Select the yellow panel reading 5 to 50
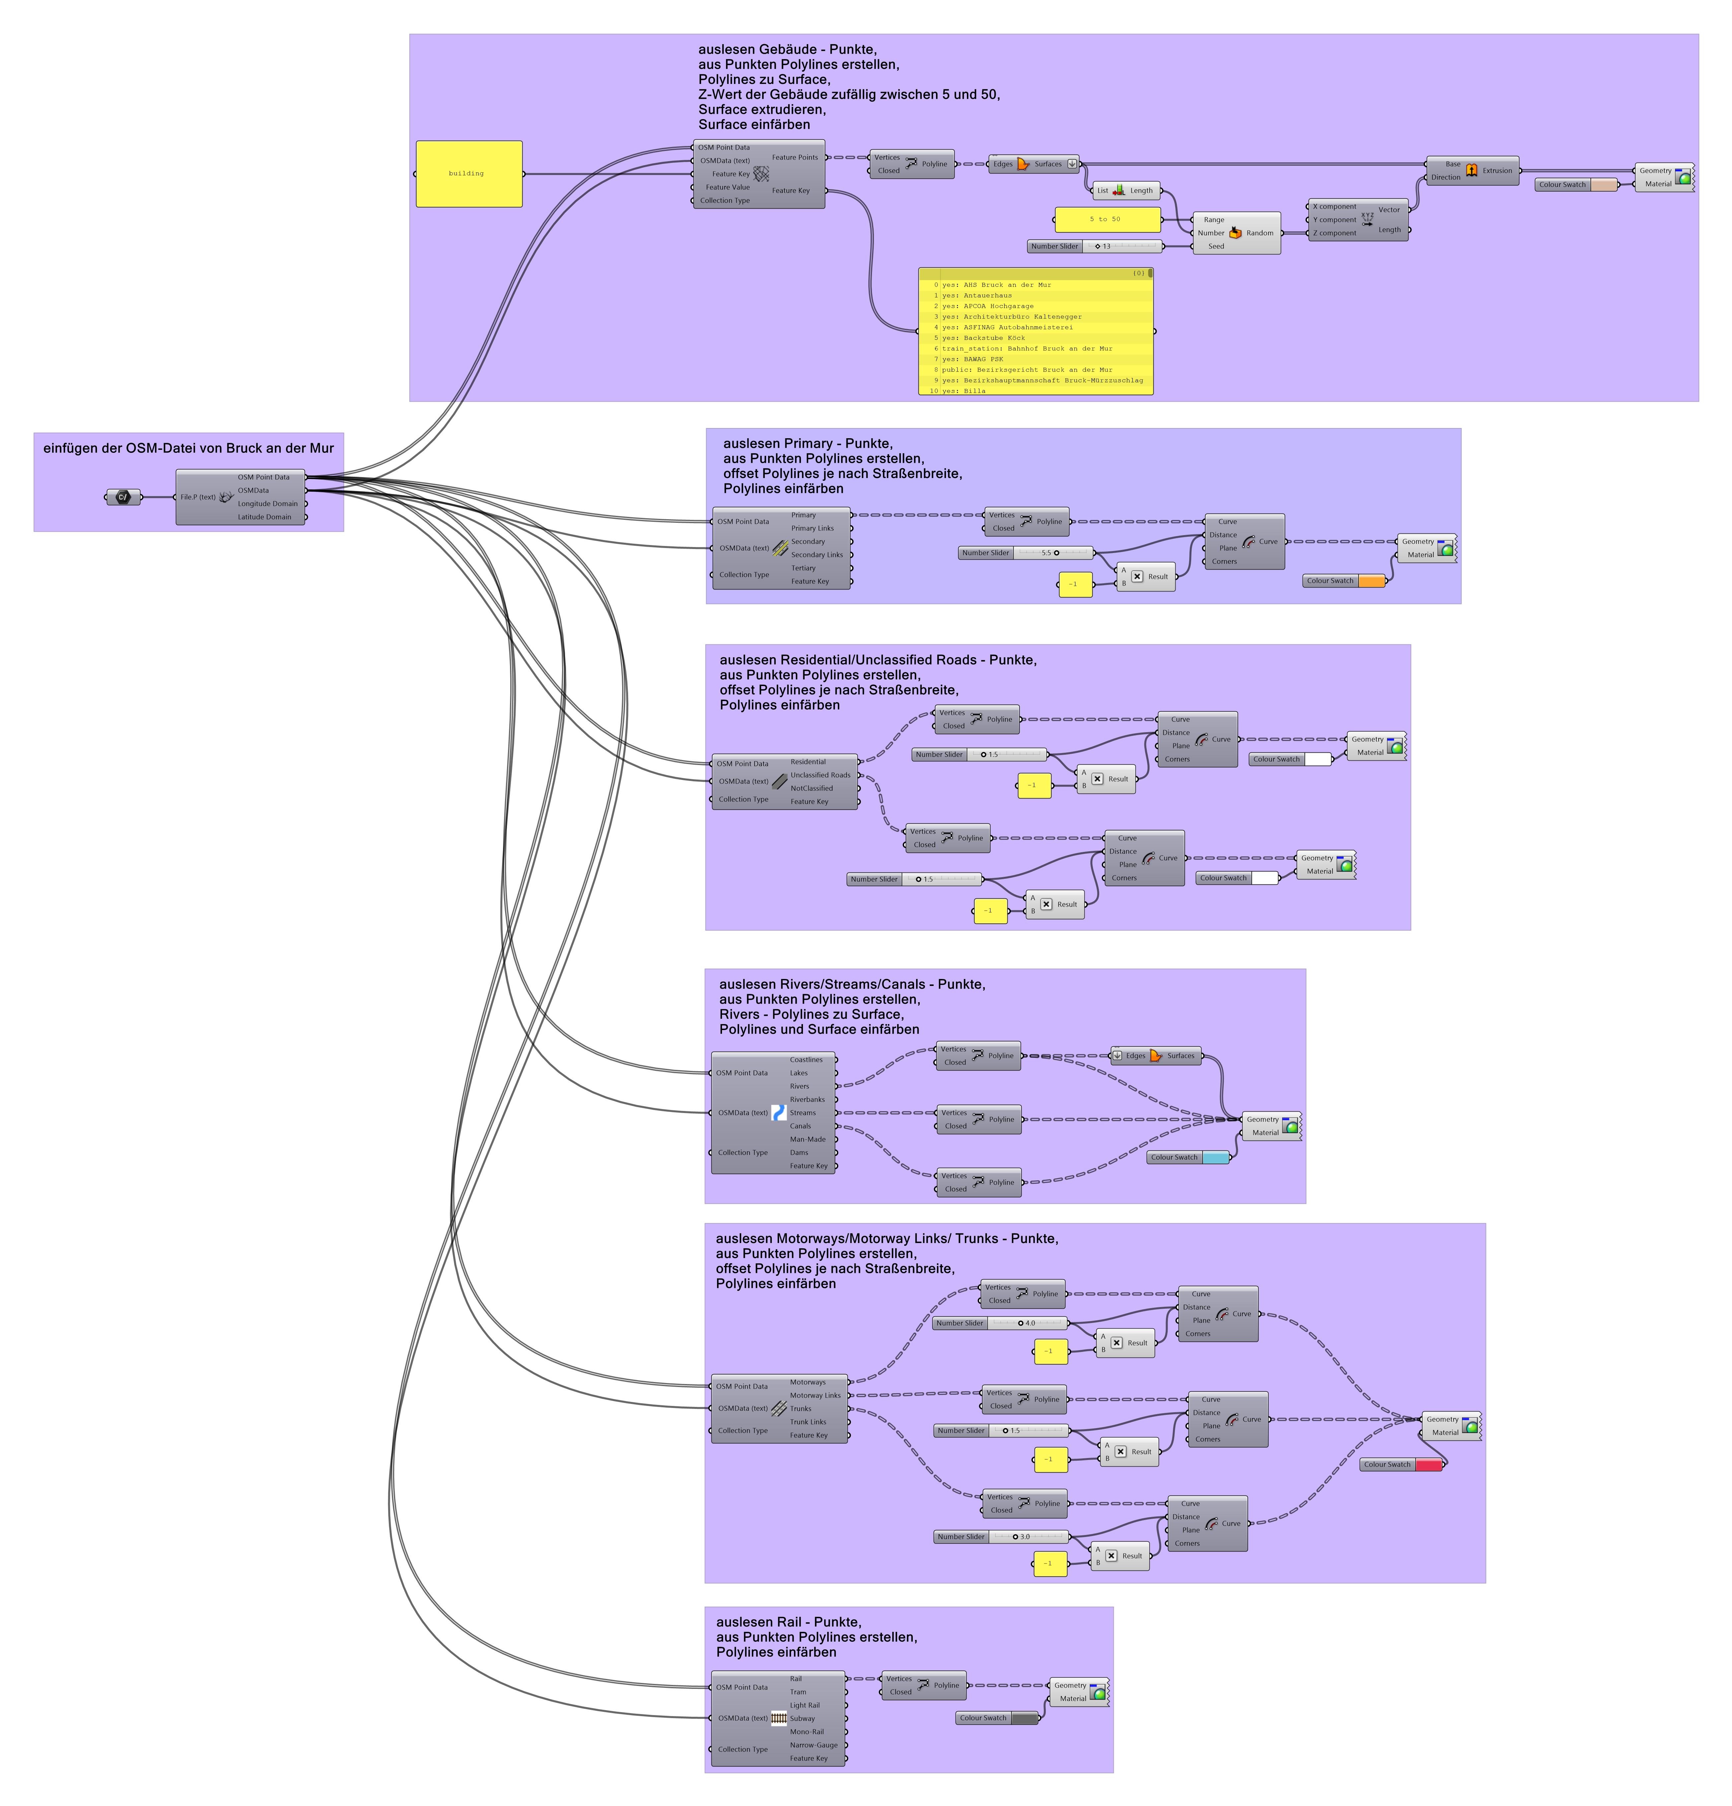[x=1106, y=219]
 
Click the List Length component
[x=1124, y=191]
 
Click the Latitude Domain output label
[x=264, y=517]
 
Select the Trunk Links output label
[x=808, y=1422]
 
